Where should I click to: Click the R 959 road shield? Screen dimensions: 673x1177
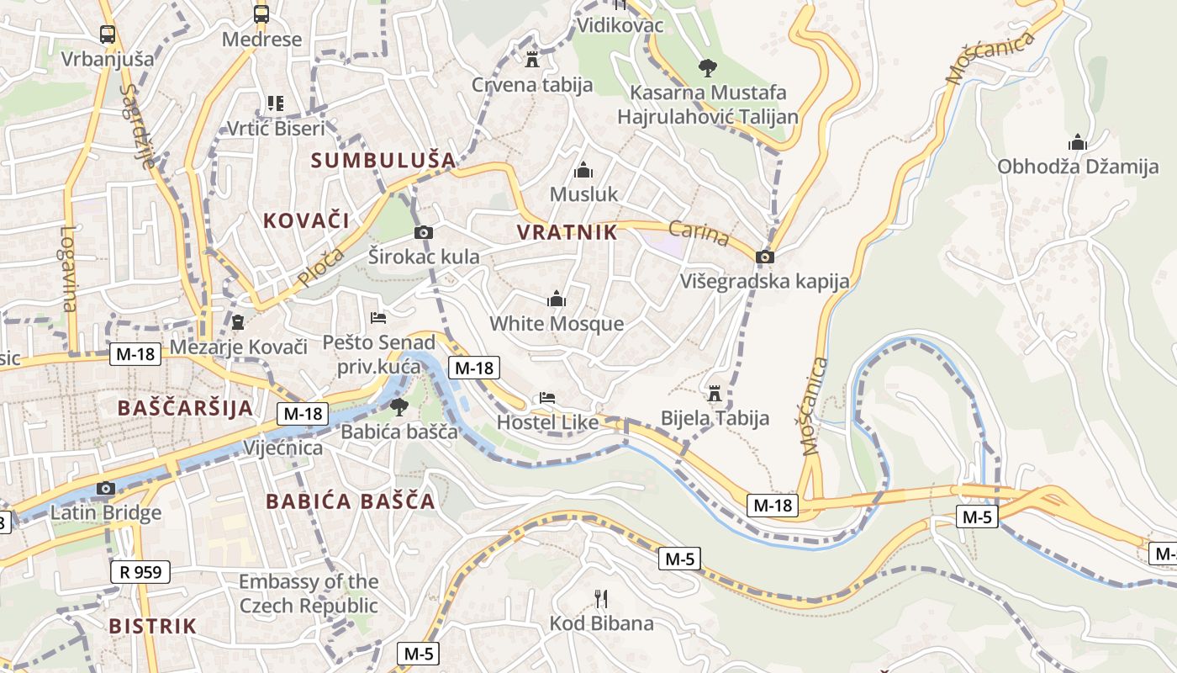[x=140, y=573]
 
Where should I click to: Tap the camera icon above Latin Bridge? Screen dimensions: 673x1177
[x=105, y=488]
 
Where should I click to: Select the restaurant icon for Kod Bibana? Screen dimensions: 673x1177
[x=601, y=598]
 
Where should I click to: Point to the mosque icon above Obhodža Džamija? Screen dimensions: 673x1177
[x=1077, y=141]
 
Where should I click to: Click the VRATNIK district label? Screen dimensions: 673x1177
[x=567, y=232]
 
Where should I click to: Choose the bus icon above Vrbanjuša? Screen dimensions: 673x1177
[x=108, y=34]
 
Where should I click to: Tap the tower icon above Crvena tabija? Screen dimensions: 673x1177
[x=531, y=59]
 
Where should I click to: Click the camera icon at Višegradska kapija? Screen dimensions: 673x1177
[x=764, y=257]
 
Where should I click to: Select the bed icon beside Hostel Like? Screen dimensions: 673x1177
[x=547, y=397]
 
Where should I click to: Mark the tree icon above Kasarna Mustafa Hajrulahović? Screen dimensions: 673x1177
[x=707, y=67]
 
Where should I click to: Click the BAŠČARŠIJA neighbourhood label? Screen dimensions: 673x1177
[x=185, y=408]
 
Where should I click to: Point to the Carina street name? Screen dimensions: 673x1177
[x=699, y=233]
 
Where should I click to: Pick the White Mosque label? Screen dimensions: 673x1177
[x=557, y=324]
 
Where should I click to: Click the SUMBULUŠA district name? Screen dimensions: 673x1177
[x=383, y=160]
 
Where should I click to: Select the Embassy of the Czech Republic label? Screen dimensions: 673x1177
[x=309, y=593]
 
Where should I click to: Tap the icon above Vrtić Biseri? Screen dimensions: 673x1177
[x=275, y=103]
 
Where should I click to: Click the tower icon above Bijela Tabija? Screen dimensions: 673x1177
[x=715, y=393]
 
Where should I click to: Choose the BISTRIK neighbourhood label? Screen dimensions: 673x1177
[x=152, y=626]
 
